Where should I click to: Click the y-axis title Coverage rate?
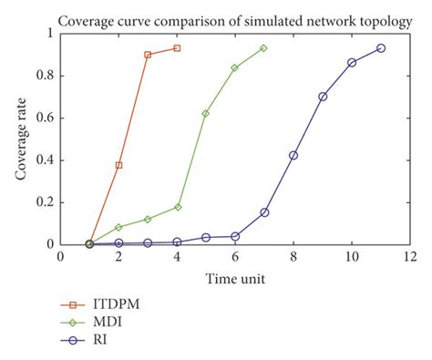[20, 139]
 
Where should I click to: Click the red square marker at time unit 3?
[148, 55]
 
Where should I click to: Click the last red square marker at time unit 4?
[177, 48]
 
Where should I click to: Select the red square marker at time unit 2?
[118, 165]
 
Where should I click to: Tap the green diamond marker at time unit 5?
[206, 113]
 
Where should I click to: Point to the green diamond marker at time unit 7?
[264, 48]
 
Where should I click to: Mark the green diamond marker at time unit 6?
[235, 67]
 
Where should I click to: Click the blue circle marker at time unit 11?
[381, 48]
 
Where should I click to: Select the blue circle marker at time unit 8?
[293, 155]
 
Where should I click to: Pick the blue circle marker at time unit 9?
[323, 97]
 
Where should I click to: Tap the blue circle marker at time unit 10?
[352, 62]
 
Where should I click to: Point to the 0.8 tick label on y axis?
[44, 76]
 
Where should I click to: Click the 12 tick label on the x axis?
[409, 257]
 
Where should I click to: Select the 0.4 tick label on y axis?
[44, 160]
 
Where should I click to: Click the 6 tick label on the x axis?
[235, 257]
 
